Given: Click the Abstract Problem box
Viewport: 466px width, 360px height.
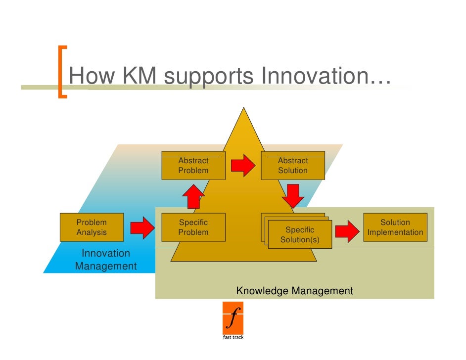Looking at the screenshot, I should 193,166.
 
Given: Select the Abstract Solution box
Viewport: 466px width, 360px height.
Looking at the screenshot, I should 293,166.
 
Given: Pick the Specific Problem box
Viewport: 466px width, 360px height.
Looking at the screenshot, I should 193,227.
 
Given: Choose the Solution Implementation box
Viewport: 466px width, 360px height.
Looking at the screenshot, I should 395,227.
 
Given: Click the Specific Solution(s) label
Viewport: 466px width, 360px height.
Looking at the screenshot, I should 300,235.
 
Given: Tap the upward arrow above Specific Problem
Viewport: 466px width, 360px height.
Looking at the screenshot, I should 193,197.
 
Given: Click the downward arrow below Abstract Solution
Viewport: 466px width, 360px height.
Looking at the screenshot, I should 293,196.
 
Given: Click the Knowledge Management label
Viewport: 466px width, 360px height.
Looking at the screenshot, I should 295,291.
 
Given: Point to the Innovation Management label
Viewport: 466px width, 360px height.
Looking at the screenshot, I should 106,260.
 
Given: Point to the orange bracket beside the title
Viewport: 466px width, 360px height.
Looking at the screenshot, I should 62,72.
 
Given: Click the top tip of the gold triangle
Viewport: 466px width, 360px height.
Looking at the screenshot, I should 243,109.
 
